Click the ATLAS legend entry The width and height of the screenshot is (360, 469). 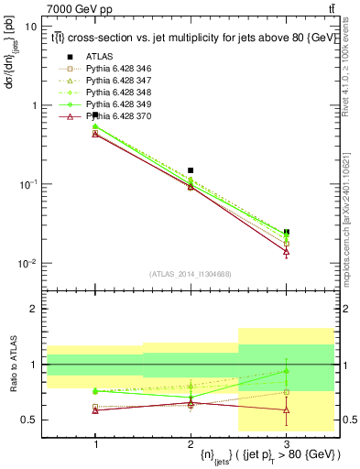(98, 57)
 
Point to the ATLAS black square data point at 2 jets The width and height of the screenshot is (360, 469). (191, 170)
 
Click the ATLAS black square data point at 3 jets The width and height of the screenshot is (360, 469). (287, 233)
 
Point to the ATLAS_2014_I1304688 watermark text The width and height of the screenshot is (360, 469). (191, 274)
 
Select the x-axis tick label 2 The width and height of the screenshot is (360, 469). (191, 443)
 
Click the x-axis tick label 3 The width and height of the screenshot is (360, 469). (287, 443)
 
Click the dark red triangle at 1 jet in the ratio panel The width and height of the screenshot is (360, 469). (95, 410)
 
